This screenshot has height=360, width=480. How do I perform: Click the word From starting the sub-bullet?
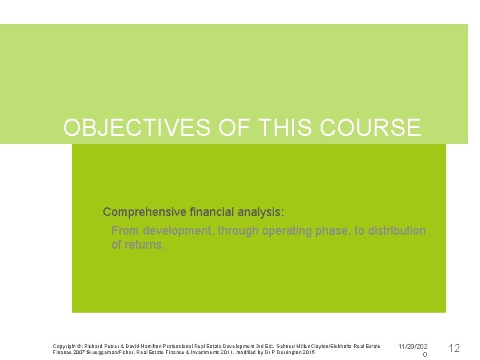point(125,231)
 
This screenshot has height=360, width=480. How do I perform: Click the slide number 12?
point(454,348)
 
